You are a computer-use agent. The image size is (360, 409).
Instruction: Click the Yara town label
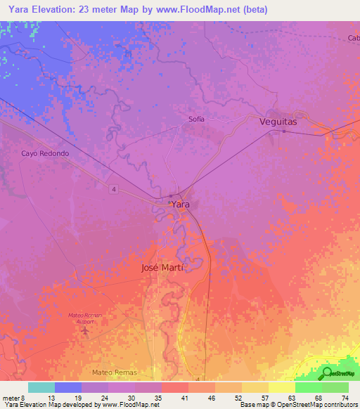point(181,204)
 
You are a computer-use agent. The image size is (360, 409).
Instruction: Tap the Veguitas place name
point(278,122)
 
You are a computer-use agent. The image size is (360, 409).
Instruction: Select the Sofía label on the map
point(196,119)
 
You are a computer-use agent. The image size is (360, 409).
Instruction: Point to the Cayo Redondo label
point(45,153)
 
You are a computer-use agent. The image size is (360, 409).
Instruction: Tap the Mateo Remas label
point(115,371)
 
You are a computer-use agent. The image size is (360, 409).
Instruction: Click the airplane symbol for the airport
point(86,330)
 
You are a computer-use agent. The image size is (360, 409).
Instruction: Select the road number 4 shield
point(112,188)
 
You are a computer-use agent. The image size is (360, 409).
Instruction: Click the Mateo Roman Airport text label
point(85,318)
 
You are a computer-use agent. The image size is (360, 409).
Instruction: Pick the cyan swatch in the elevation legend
point(41,387)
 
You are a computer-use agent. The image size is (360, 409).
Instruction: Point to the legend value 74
point(345,397)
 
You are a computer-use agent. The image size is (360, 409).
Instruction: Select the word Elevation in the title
point(53,10)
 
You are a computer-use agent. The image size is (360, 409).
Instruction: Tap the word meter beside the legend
point(13,397)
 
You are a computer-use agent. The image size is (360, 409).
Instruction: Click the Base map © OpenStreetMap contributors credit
point(298,405)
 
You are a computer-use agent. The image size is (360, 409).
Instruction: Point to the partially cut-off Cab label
point(353,38)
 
